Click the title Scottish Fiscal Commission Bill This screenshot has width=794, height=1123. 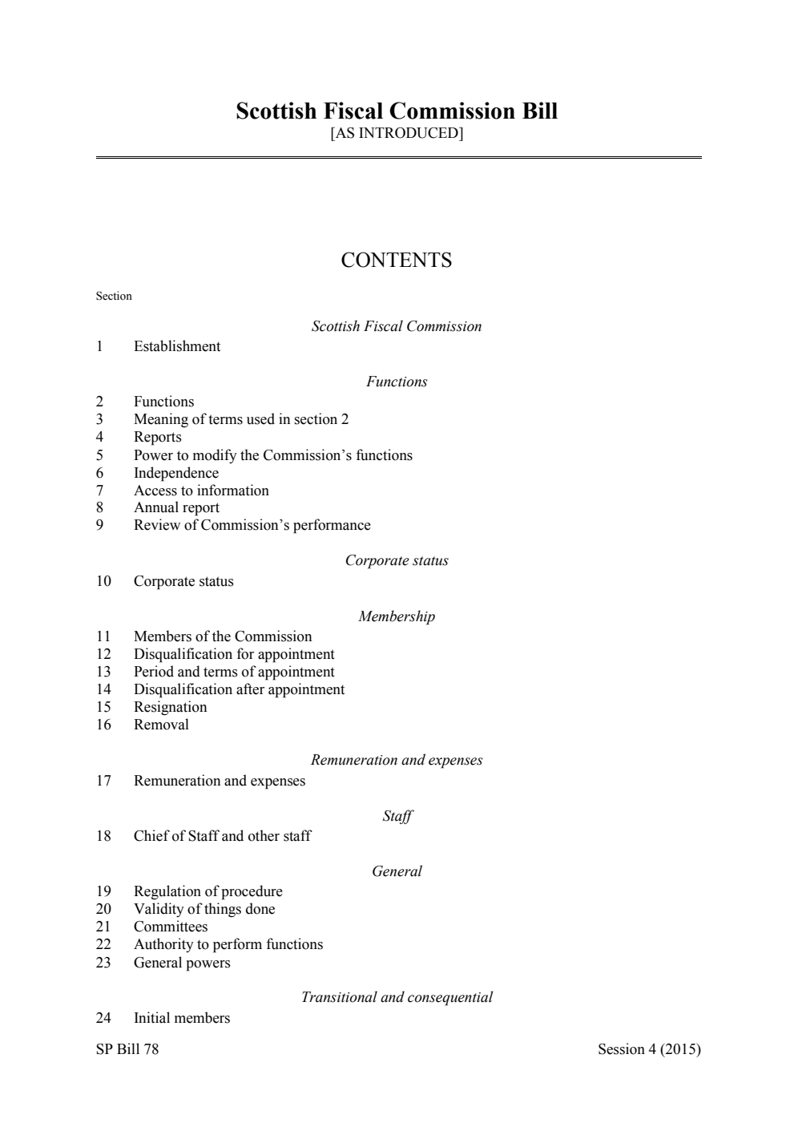(x=397, y=111)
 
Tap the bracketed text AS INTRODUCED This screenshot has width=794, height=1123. (x=397, y=133)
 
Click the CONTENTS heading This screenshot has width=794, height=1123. (x=397, y=261)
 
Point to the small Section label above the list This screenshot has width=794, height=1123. (x=114, y=297)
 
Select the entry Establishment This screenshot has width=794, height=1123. (x=176, y=346)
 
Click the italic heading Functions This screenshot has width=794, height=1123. (x=397, y=382)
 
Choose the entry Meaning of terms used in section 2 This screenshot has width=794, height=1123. (x=240, y=419)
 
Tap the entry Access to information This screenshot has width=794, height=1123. (x=201, y=491)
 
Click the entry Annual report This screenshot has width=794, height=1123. (x=176, y=507)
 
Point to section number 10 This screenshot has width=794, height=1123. (x=103, y=581)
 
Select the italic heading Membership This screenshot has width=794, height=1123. (x=397, y=616)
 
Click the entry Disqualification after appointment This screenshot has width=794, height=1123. (x=239, y=689)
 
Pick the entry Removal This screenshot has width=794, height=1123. (x=161, y=725)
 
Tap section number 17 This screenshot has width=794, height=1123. (x=103, y=781)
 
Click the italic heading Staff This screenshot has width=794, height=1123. (x=397, y=816)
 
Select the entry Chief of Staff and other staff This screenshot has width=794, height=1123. (x=222, y=836)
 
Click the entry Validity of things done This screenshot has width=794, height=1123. (x=204, y=909)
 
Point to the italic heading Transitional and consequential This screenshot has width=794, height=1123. (x=397, y=997)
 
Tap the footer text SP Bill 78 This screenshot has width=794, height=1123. (x=127, y=1049)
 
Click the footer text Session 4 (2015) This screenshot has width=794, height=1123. (x=649, y=1049)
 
